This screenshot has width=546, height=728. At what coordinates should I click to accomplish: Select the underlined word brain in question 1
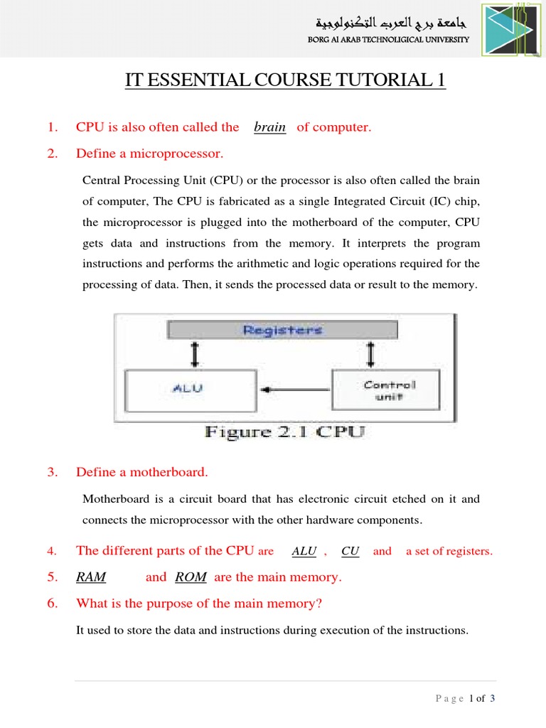click(269, 127)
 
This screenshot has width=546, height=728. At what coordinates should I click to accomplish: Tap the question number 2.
click(52, 154)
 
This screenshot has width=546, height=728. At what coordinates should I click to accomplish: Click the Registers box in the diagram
click(282, 330)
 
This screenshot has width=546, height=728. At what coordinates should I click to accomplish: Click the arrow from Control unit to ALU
click(295, 390)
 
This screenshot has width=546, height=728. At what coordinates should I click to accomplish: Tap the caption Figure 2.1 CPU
click(285, 432)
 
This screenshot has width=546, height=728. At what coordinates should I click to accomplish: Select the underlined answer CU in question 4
click(350, 551)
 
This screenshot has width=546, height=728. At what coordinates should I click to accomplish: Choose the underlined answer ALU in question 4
click(304, 551)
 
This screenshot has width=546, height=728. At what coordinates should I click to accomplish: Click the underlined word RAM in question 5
click(91, 577)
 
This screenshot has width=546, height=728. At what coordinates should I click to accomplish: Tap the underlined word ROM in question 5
click(191, 577)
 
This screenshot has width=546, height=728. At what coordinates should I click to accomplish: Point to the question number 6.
click(52, 604)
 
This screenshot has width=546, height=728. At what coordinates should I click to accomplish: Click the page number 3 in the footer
click(492, 698)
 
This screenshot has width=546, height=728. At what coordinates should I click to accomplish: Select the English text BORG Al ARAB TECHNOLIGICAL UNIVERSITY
click(388, 40)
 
